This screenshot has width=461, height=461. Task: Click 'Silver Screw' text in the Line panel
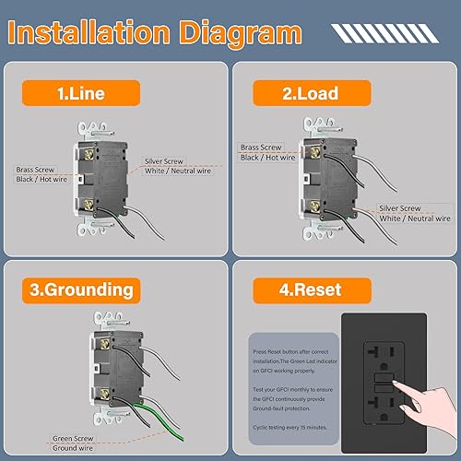(168, 160)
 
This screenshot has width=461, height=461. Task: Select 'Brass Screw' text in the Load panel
(262, 147)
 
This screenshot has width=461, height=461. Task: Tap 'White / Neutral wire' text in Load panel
(415, 219)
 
